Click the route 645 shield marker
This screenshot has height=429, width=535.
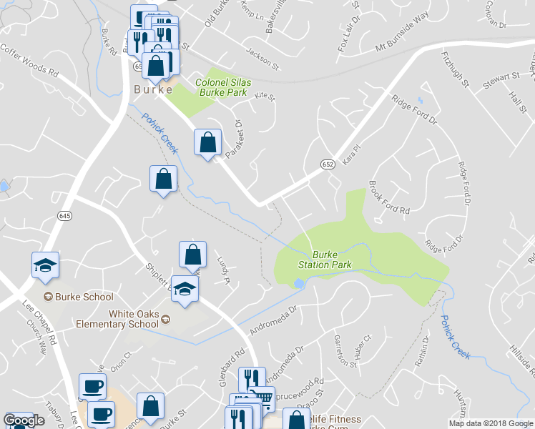click(x=65, y=215)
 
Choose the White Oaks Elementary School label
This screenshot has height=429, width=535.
click(x=134, y=319)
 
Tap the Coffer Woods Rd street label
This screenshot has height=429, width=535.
click(x=29, y=61)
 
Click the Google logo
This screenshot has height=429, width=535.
click(x=24, y=420)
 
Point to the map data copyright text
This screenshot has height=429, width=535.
click(x=491, y=423)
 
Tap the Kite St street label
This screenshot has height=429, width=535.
click(x=265, y=95)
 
